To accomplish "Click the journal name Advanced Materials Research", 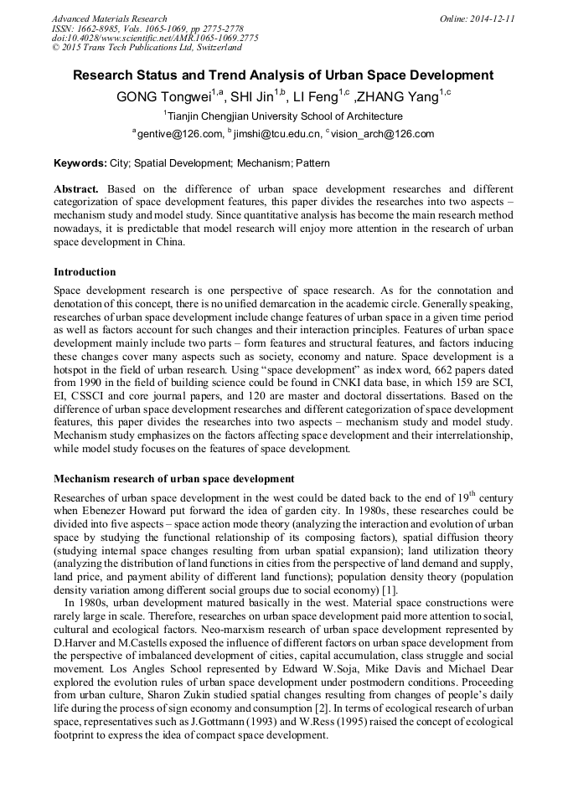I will (x=110, y=18).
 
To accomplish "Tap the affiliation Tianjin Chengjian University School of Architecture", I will (x=286, y=116).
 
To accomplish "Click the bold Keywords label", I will (x=80, y=162).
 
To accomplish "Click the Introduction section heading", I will (x=85, y=271).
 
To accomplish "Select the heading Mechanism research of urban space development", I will (x=173, y=479).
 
